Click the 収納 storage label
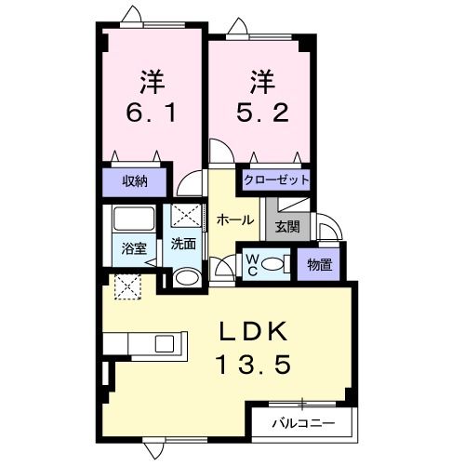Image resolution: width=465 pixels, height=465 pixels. coord(136,180)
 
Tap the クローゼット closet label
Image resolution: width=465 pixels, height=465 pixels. coord(276,179)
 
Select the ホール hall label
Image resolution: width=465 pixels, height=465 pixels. coord(235,219)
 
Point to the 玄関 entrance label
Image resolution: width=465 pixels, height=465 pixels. coord(285,224)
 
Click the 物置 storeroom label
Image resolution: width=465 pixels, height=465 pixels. coord(319,263)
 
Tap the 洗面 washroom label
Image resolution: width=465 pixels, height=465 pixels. coord(183,245)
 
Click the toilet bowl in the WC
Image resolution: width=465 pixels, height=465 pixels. coord(273,264)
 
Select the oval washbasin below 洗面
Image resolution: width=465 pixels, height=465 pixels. coord(185,277)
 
